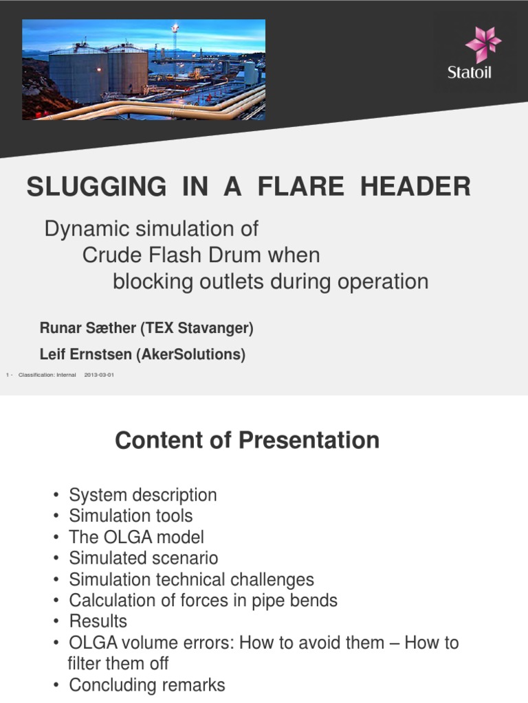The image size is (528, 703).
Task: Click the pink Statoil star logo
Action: (x=483, y=45)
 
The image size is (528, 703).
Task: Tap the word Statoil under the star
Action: (x=470, y=73)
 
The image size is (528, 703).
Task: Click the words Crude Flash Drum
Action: (x=175, y=255)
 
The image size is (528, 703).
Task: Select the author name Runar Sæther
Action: (x=88, y=329)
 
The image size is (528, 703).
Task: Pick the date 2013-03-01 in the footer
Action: (x=99, y=375)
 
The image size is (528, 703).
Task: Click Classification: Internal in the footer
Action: (x=47, y=375)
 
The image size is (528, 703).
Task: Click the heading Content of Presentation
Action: (x=247, y=440)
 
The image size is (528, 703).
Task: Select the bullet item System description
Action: (x=143, y=495)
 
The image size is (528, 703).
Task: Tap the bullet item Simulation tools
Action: (x=131, y=516)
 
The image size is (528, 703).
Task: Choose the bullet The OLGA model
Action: (x=136, y=537)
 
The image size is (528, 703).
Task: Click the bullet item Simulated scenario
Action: (x=143, y=558)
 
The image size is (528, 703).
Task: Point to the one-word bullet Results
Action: (x=98, y=621)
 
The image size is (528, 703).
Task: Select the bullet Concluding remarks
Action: (x=147, y=685)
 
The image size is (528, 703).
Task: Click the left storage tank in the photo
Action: (x=78, y=76)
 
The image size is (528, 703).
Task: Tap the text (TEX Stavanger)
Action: (x=197, y=329)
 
